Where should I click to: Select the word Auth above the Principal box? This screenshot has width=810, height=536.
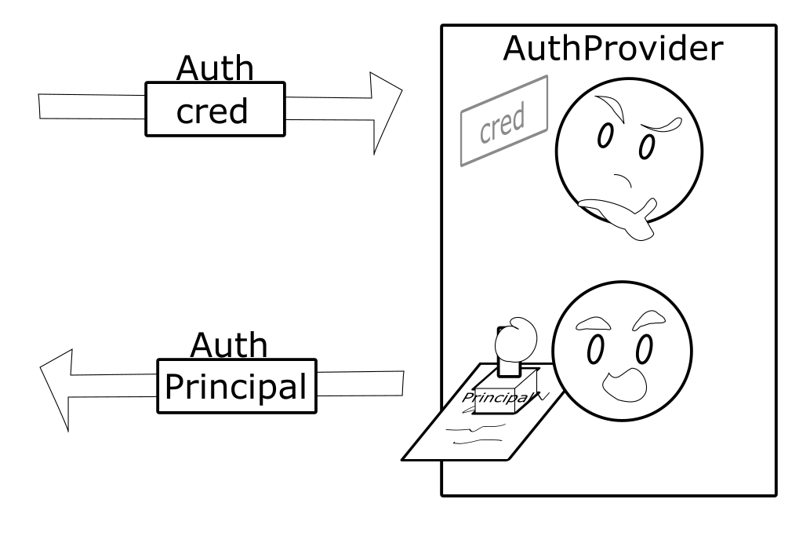coord(229,345)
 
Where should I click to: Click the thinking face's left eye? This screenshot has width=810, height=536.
coord(605,138)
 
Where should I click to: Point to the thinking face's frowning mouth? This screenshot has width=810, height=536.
coord(626,181)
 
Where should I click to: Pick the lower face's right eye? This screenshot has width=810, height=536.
coord(645,349)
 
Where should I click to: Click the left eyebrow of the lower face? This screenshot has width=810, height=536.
coord(593,322)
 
